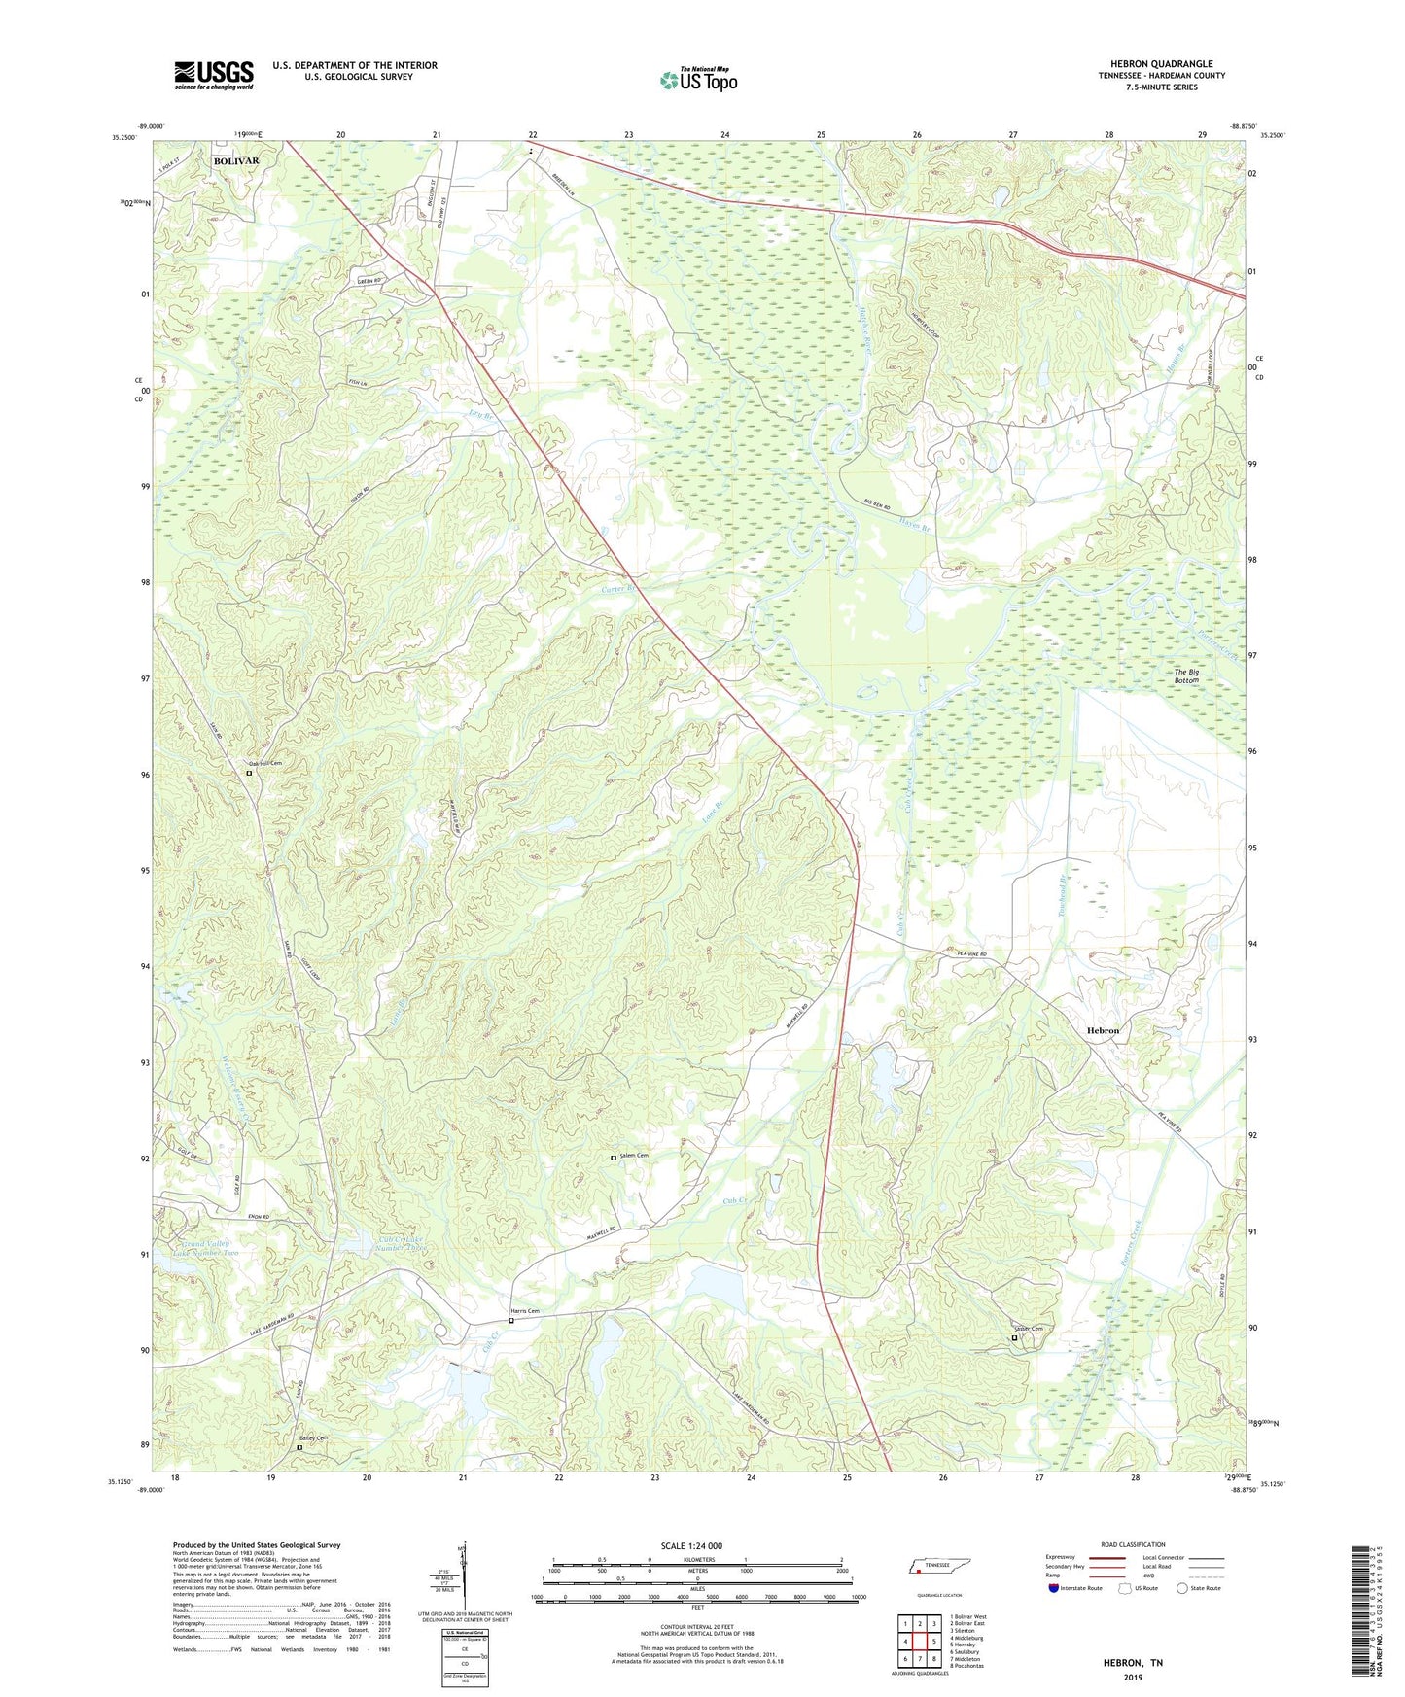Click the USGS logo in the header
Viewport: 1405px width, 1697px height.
(214, 75)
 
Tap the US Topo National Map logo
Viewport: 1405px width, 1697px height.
(698, 80)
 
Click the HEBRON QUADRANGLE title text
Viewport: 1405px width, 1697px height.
(1161, 63)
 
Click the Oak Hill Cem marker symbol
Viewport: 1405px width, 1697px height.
(249, 774)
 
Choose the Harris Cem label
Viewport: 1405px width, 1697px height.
(526, 1311)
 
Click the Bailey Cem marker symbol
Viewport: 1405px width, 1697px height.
(299, 1447)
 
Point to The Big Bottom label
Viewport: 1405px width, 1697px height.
(1186, 675)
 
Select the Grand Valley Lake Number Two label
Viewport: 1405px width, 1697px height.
(205, 1248)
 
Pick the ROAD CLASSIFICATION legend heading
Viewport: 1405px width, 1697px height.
(1133, 1544)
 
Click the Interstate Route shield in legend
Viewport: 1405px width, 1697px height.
(1055, 1588)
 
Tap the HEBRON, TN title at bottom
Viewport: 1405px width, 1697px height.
(1133, 1663)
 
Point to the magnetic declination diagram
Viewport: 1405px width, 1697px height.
(464, 1575)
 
